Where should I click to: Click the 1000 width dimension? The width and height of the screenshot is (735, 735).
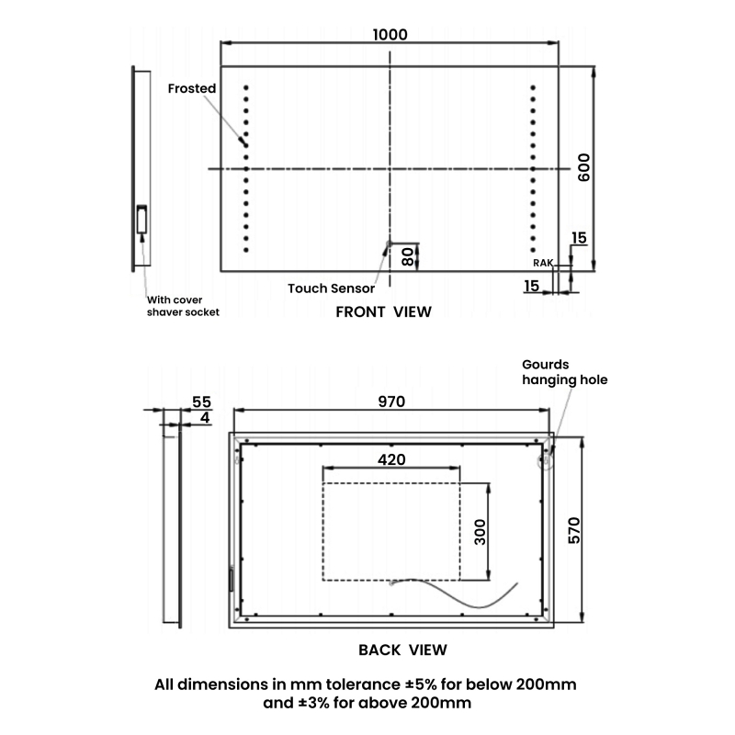coord(390,34)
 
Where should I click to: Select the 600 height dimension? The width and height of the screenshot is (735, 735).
coord(582,167)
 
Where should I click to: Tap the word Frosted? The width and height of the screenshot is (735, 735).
coord(192,88)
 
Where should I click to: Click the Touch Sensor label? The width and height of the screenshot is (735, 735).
coord(332,288)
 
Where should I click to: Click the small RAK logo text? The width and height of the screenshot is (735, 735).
coord(543,263)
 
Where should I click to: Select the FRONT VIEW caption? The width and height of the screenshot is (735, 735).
coord(383,311)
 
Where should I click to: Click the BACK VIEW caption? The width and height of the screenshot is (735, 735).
coord(402,650)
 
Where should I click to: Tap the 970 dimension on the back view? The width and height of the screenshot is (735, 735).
coord(390,401)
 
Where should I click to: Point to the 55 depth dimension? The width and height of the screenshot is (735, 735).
coord(201,402)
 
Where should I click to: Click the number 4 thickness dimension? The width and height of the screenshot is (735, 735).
coord(204,418)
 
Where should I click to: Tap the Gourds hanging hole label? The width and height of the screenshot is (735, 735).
coord(564,371)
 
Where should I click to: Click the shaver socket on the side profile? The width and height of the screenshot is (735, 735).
coord(142,220)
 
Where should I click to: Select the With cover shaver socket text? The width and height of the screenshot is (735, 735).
coord(183,306)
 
